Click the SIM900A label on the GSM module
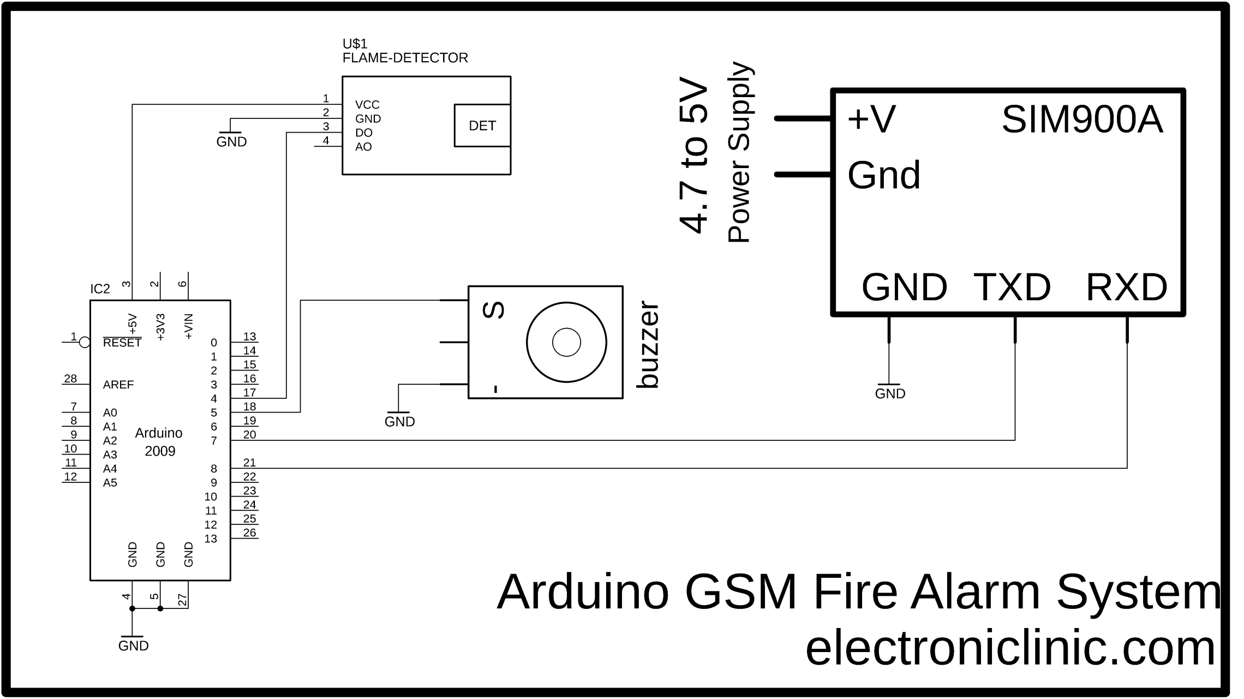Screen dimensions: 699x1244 click(x=1082, y=120)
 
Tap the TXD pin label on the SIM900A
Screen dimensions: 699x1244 click(x=1012, y=287)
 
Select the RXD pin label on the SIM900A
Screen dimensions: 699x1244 click(x=1127, y=287)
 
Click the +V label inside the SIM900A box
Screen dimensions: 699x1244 click(x=871, y=118)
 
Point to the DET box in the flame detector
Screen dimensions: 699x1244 click(x=482, y=126)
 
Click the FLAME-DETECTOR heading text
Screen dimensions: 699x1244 click(x=405, y=58)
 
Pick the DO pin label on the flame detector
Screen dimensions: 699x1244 click(x=363, y=133)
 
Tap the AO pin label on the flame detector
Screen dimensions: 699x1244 click(x=363, y=147)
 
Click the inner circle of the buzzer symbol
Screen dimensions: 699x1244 click(x=566, y=342)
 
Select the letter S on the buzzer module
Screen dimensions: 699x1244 click(x=494, y=310)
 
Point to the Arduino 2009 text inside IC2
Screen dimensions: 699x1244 click(x=159, y=442)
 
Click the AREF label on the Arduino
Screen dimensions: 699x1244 click(x=118, y=385)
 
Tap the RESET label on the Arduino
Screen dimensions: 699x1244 click(x=122, y=343)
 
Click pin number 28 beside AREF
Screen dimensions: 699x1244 click(x=70, y=379)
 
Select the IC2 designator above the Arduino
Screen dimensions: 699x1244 click(x=100, y=289)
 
